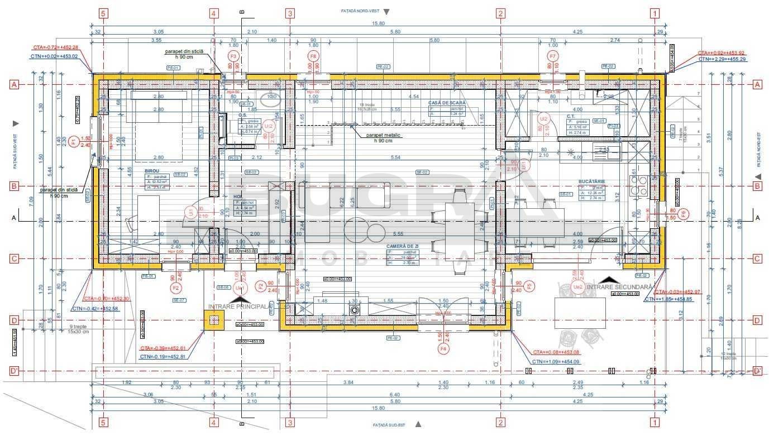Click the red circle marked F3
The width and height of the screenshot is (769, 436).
click(233, 56)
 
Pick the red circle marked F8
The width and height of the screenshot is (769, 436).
click(313, 56)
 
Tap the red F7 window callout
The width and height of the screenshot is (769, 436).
click(553, 56)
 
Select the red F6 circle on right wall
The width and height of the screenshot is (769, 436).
click(685, 213)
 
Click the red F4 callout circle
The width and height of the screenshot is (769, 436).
click(444, 348)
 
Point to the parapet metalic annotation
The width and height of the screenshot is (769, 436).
click(386, 137)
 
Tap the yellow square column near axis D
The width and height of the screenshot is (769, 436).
click(214, 320)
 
